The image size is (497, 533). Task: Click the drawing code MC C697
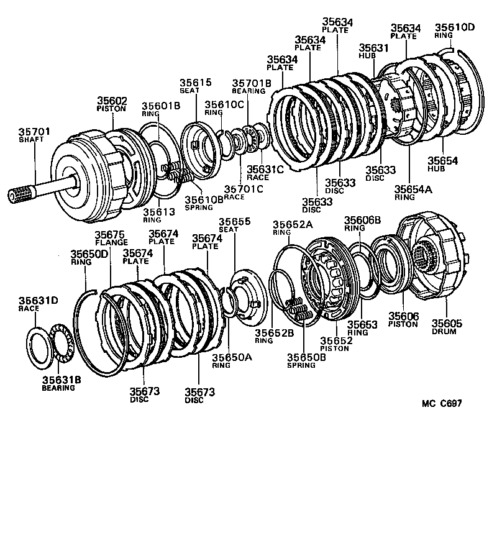[x=441, y=403]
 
